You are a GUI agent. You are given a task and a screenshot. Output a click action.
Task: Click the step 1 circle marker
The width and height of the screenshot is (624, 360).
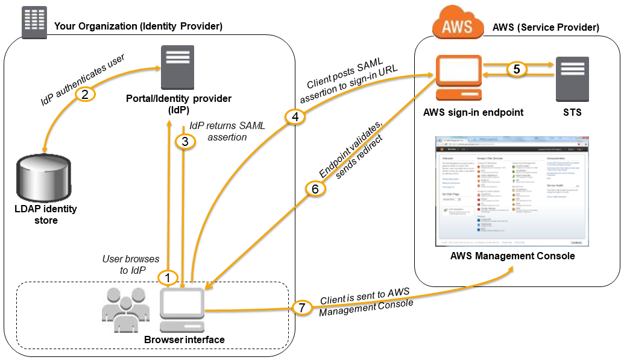click(x=168, y=277)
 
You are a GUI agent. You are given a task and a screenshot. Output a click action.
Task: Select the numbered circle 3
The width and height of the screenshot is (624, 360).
click(x=185, y=142)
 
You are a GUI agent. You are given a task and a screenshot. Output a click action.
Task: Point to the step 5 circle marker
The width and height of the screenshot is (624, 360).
click(x=516, y=69)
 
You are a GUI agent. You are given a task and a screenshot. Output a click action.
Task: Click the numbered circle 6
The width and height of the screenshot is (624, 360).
click(x=315, y=189)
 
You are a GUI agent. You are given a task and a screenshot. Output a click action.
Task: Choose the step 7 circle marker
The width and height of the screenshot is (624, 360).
click(x=303, y=308)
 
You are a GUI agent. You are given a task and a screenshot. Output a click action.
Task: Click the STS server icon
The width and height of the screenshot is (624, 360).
click(x=572, y=78)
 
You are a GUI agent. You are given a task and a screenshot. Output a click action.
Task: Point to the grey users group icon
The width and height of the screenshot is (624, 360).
click(x=125, y=309)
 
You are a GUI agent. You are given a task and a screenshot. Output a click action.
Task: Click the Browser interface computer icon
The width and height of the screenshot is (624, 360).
click(x=182, y=309)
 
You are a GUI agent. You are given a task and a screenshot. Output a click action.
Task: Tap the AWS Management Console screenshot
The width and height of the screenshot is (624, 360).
click(x=512, y=191)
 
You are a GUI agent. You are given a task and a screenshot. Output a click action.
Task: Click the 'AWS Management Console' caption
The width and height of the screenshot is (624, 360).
click(x=512, y=256)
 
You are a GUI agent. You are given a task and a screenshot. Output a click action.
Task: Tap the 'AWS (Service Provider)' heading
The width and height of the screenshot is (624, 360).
click(x=546, y=27)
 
